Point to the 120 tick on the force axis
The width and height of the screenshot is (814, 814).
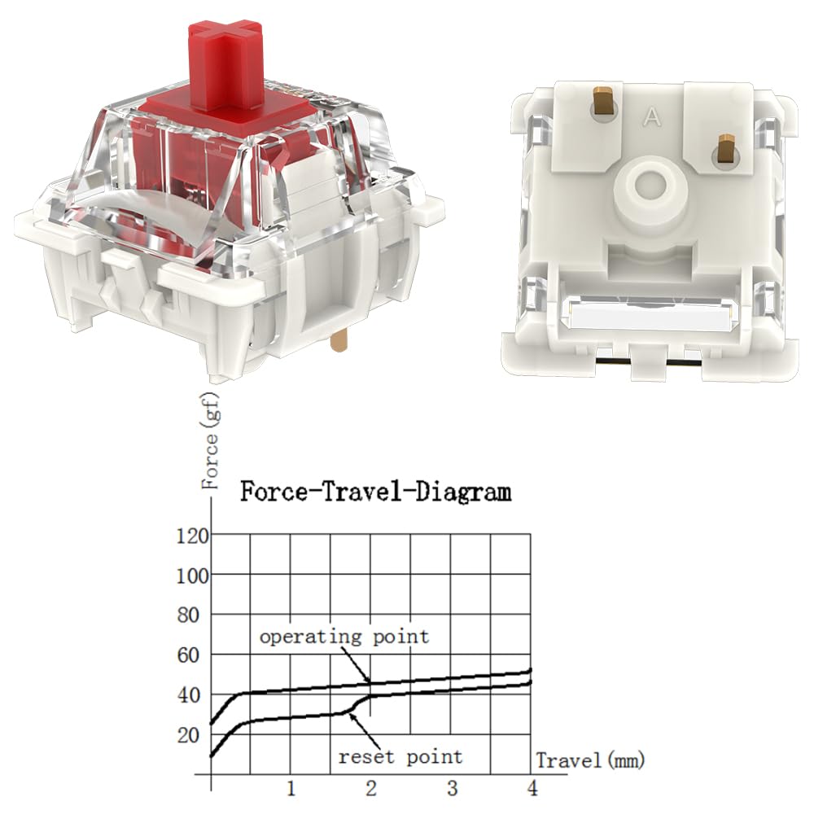193,536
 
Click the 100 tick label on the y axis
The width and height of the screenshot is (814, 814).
193,575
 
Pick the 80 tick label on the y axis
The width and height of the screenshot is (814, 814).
188,615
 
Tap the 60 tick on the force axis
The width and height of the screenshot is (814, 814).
188,655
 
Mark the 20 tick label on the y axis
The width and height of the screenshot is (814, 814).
188,736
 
